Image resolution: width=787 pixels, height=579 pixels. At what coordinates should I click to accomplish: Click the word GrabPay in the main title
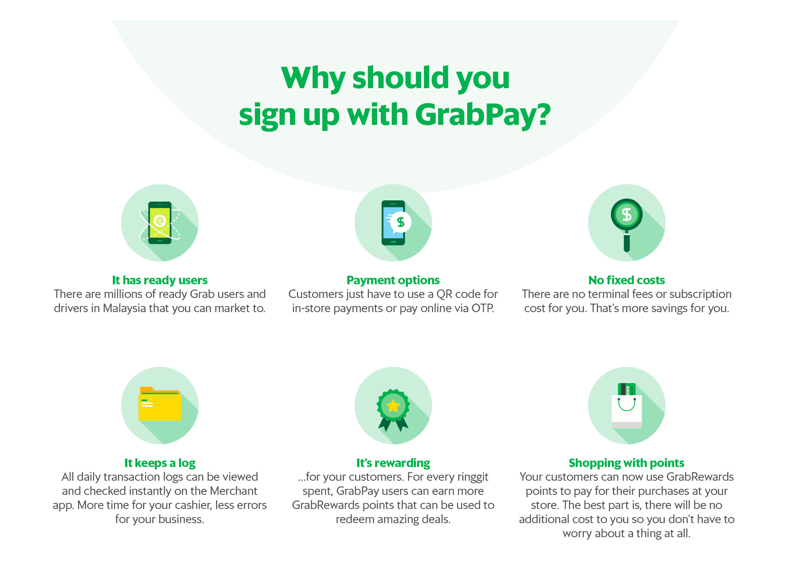pos(482,115)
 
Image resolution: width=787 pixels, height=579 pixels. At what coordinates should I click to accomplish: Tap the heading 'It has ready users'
pos(159,280)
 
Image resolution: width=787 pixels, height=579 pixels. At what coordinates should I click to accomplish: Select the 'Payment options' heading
pos(393,280)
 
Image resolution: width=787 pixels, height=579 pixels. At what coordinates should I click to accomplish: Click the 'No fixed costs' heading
pos(626,280)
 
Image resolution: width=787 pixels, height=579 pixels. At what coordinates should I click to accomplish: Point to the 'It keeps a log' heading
pos(159,463)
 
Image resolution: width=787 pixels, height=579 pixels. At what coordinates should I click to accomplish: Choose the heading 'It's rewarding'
pos(393,463)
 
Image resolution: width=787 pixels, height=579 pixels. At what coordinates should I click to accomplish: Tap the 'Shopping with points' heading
pos(626,463)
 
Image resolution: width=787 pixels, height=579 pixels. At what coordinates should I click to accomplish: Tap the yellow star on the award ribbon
pos(393,406)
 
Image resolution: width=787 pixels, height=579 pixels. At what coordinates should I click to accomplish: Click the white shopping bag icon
pos(626,412)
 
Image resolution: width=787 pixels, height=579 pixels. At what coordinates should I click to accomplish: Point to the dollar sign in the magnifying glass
pos(626,214)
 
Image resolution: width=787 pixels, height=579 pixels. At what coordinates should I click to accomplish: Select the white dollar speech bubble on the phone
pos(400,222)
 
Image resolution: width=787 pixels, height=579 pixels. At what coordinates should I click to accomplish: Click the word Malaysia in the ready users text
pos(124,308)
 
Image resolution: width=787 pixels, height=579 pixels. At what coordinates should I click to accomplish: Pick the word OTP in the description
pos(482,308)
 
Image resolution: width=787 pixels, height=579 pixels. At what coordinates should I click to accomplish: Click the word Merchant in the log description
pos(233,491)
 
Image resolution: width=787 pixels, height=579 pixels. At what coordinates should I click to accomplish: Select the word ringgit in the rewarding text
pos(469,477)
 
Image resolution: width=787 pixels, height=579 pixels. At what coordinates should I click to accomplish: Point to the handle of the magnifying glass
pos(626,242)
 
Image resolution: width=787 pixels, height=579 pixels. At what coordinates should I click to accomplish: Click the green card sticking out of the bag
pos(626,389)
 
